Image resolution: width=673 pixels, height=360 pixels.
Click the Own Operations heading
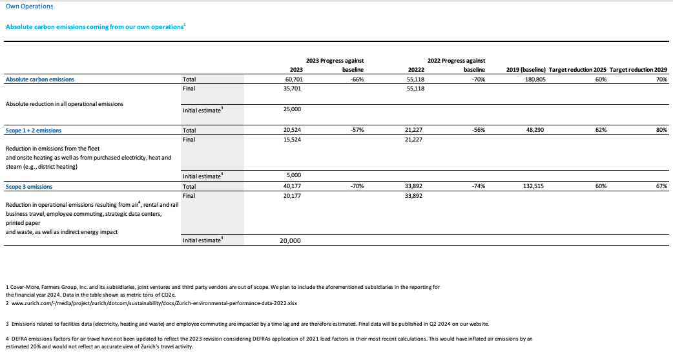[29, 6]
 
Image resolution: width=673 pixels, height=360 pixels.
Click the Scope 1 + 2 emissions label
[34, 130]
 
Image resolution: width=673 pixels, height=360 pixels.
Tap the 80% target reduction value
[661, 130]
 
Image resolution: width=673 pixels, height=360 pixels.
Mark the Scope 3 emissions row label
[28, 186]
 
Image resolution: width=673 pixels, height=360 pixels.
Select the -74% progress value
[478, 186]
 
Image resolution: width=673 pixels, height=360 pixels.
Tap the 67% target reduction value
[661, 186]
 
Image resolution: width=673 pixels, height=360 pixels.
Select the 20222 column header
[412, 70]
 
